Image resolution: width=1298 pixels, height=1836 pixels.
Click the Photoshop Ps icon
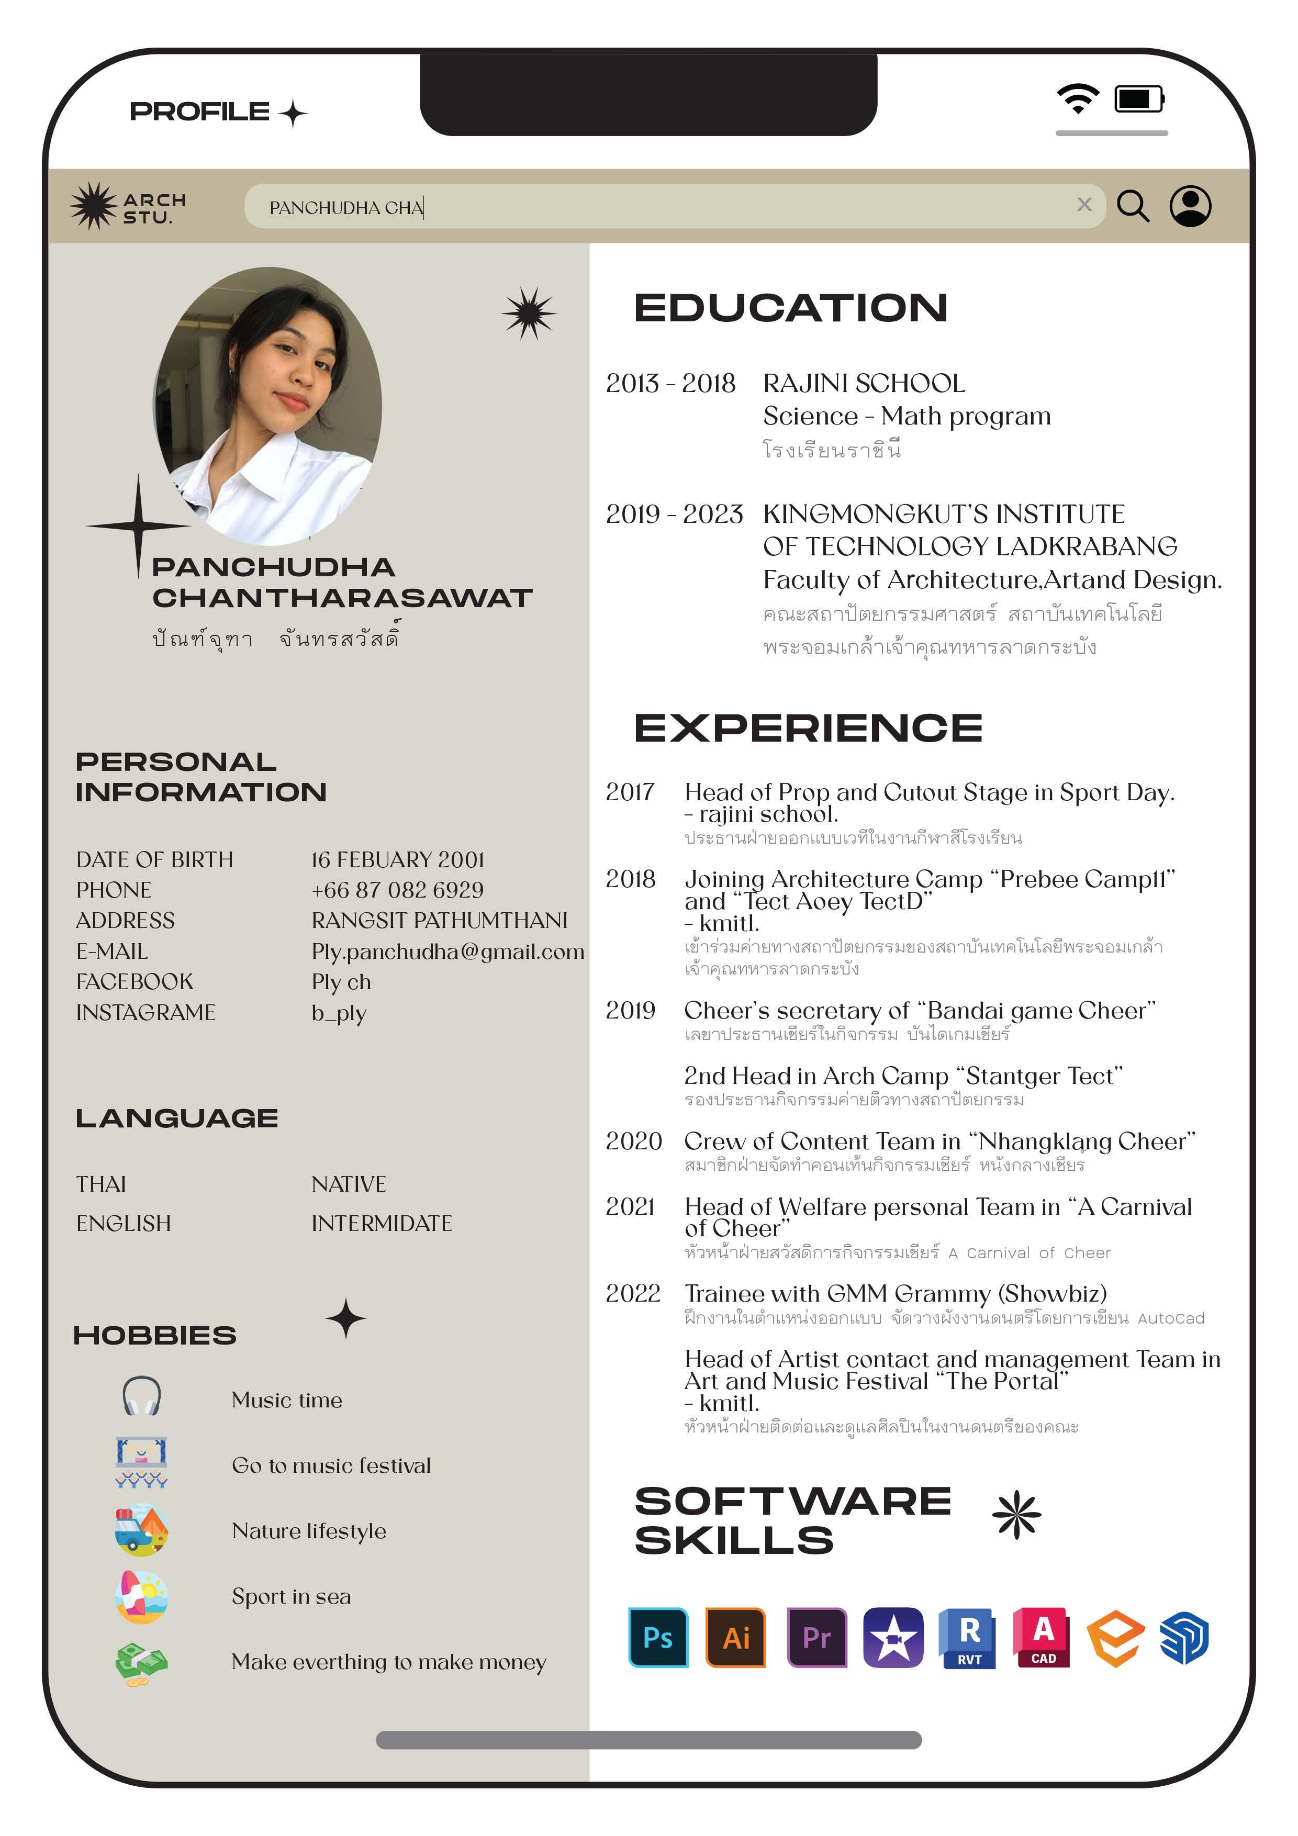tap(657, 1637)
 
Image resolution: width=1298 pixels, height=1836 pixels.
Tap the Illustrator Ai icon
tap(735, 1637)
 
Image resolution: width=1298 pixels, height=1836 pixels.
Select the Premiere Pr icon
tap(816, 1637)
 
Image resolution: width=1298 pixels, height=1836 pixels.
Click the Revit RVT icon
tap(968, 1637)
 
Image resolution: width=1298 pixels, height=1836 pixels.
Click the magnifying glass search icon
tap(1133, 206)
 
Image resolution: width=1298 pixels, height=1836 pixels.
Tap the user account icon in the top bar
tap(1190, 206)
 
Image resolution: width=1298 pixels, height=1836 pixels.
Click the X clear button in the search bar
tap(1083, 205)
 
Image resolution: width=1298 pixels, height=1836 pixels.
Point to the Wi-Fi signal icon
tap(1077, 98)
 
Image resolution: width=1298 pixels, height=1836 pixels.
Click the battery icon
tap(1139, 99)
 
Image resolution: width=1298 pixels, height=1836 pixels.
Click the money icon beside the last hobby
tap(141, 1663)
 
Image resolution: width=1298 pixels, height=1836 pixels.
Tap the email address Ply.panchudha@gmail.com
tap(447, 951)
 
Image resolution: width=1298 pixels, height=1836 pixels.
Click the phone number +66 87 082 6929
tap(397, 890)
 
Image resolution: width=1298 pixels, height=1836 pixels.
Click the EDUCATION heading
tap(790, 308)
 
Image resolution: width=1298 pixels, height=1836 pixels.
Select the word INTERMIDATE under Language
tap(382, 1224)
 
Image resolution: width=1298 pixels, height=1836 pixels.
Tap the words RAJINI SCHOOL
tap(864, 384)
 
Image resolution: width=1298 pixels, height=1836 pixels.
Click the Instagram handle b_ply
tap(339, 1013)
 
